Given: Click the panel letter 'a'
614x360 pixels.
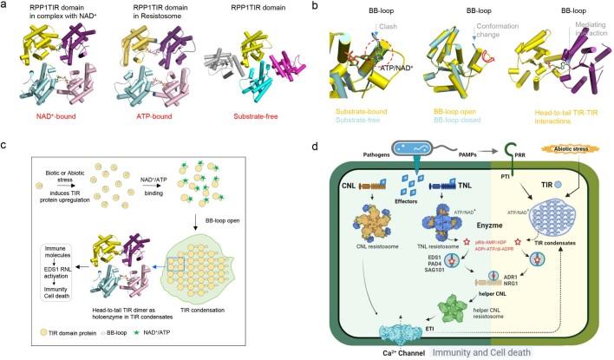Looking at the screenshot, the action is pyautogui.click(x=5, y=7).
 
